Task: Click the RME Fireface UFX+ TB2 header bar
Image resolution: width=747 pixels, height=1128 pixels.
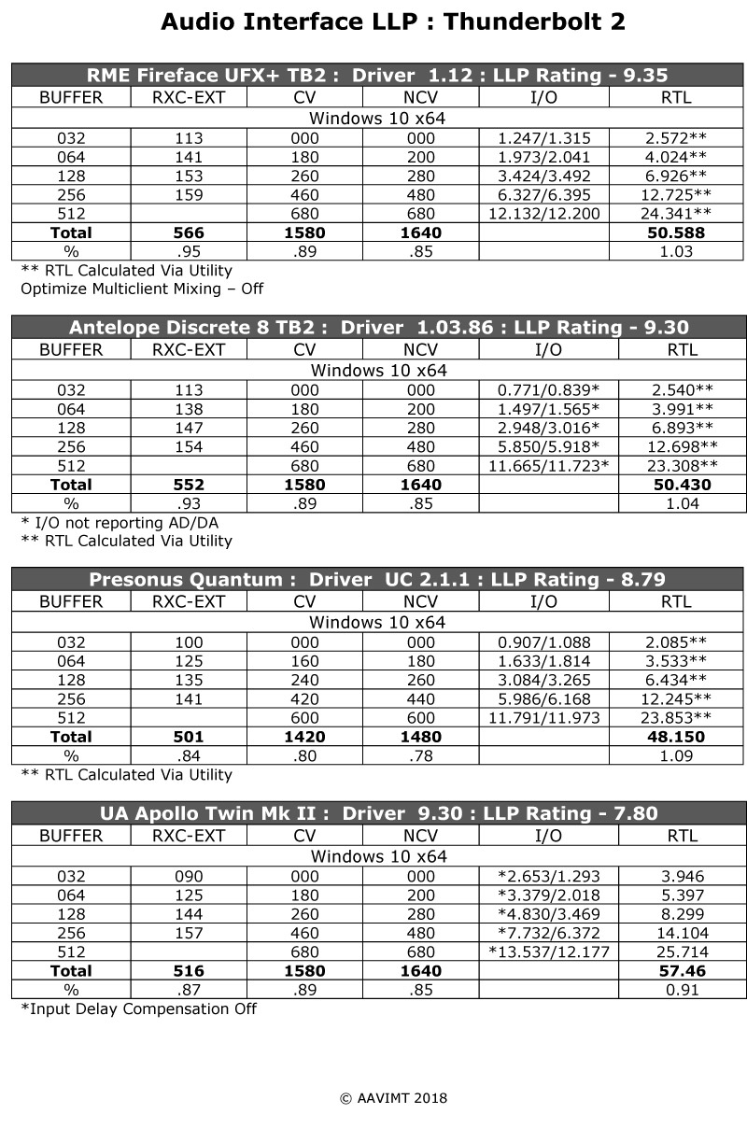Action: tap(379, 76)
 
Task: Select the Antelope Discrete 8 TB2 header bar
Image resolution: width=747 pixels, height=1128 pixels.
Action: tap(379, 328)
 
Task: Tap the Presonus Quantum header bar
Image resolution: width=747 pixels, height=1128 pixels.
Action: tap(379, 580)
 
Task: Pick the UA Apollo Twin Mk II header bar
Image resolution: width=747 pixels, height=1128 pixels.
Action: tap(379, 813)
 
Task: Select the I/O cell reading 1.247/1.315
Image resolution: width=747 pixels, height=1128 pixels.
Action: tap(543, 138)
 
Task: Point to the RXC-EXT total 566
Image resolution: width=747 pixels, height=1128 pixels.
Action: tap(189, 233)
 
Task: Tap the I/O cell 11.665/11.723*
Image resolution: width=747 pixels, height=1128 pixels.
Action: tap(543, 465)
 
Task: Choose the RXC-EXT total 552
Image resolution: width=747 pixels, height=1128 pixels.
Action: tap(189, 485)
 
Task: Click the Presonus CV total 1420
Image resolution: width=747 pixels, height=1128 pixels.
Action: tap(304, 737)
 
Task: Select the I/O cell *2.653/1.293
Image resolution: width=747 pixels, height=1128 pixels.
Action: tap(543, 877)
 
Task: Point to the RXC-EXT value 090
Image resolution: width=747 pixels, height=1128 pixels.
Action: tap(189, 877)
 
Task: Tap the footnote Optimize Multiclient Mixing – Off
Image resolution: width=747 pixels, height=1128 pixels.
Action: tap(142, 289)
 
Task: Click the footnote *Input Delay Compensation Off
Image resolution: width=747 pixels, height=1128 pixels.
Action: tap(138, 1008)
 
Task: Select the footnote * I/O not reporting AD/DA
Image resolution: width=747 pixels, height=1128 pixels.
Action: tap(119, 523)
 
